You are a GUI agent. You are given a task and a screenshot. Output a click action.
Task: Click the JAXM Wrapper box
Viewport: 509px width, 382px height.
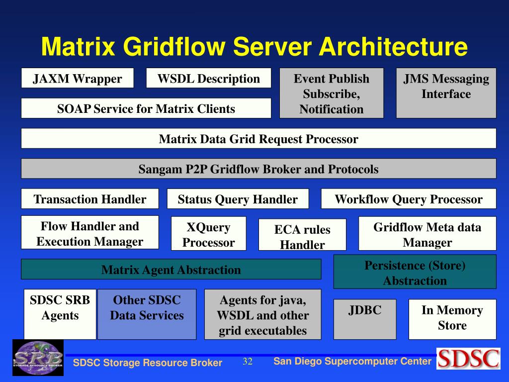click(77, 78)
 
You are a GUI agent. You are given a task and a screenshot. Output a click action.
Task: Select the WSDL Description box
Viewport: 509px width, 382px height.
click(208, 78)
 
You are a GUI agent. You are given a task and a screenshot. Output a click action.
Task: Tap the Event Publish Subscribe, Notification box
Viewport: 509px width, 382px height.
click(332, 93)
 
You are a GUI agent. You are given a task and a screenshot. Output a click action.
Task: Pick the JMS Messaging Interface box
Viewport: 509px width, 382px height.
click(446, 93)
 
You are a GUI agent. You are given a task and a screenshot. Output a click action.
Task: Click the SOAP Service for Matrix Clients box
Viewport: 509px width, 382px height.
click(146, 108)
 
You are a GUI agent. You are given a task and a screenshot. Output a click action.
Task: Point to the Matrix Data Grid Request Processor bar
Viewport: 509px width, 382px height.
click(258, 138)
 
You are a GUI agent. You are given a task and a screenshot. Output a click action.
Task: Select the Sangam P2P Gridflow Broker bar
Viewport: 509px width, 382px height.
click(258, 169)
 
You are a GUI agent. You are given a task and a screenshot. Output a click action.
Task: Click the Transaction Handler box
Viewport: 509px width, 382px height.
click(90, 199)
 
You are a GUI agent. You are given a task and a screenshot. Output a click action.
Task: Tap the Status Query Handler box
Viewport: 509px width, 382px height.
click(238, 199)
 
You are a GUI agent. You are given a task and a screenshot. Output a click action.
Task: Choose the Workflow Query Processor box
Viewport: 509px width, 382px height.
click(409, 199)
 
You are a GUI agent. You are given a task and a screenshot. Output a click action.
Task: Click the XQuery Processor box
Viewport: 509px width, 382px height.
click(208, 234)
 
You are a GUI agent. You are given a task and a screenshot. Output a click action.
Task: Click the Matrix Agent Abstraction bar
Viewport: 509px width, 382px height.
click(171, 270)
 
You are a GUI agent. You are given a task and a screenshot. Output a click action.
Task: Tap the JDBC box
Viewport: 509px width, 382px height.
click(365, 319)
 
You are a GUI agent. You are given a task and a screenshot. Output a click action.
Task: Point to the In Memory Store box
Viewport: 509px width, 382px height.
click(452, 319)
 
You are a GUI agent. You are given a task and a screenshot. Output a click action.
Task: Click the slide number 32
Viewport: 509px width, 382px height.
click(248, 361)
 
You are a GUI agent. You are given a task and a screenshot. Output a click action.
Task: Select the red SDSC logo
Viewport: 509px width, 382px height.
click(468, 358)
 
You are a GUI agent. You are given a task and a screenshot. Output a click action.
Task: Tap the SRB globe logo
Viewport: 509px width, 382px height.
click(38, 357)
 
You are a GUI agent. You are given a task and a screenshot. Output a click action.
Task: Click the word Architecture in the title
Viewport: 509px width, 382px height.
click(393, 47)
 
